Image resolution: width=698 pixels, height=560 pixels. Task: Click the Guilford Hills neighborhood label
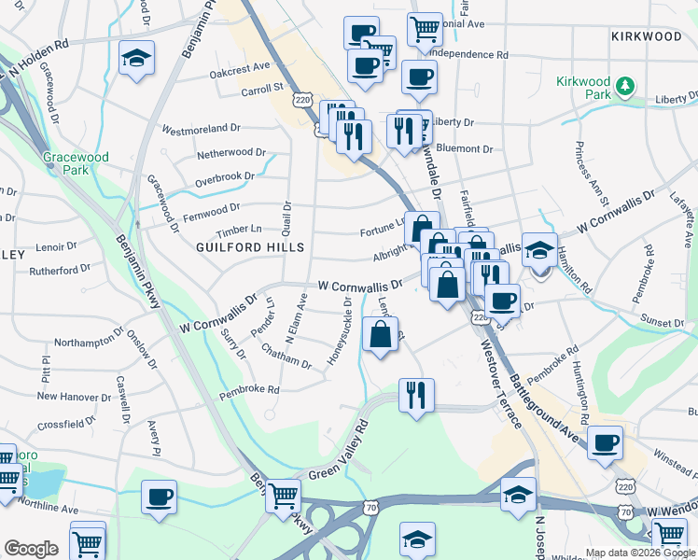point(250,247)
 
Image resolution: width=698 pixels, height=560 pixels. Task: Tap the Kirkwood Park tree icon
point(624,88)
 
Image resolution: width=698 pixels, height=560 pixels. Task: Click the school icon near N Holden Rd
point(136,59)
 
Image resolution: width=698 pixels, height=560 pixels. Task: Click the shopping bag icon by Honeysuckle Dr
point(380,336)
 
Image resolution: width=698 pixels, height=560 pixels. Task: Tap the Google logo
point(31,549)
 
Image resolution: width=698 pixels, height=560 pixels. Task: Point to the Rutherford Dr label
point(58,268)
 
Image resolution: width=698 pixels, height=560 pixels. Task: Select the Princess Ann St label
point(592,174)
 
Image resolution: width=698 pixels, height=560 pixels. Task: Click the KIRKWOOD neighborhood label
point(647,36)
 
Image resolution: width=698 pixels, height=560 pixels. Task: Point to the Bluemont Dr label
point(465,148)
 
